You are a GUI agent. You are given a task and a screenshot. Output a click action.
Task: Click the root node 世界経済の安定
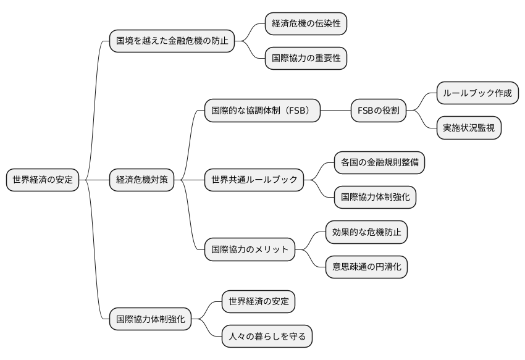[x=43, y=180]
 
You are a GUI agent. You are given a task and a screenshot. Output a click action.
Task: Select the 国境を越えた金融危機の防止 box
[x=172, y=41]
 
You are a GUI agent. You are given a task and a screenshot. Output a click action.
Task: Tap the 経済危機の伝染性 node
[x=306, y=24]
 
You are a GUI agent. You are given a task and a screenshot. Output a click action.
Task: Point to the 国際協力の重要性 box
[x=306, y=59]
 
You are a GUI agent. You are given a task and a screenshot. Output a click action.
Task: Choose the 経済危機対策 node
[x=142, y=180]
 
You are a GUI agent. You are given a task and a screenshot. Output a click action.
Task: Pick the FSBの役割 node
[x=379, y=111]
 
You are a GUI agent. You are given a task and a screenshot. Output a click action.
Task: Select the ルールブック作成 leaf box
[x=477, y=93]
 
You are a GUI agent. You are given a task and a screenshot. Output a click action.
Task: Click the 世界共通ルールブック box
[x=254, y=180]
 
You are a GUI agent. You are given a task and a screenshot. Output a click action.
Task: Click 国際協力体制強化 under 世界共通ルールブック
[x=375, y=197]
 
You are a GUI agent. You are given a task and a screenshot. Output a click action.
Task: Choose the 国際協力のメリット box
[x=250, y=249]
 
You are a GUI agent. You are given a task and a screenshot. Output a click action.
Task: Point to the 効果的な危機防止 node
[x=366, y=232]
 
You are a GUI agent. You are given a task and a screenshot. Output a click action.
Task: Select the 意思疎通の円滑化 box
[x=366, y=267]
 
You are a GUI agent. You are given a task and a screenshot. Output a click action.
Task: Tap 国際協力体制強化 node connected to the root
[x=151, y=319]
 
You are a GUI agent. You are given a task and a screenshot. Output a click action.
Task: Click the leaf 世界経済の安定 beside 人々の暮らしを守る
[x=258, y=302]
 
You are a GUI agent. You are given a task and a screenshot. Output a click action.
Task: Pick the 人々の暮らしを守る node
[x=267, y=337]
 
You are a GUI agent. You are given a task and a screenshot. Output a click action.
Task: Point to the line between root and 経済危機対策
[x=94, y=180]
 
